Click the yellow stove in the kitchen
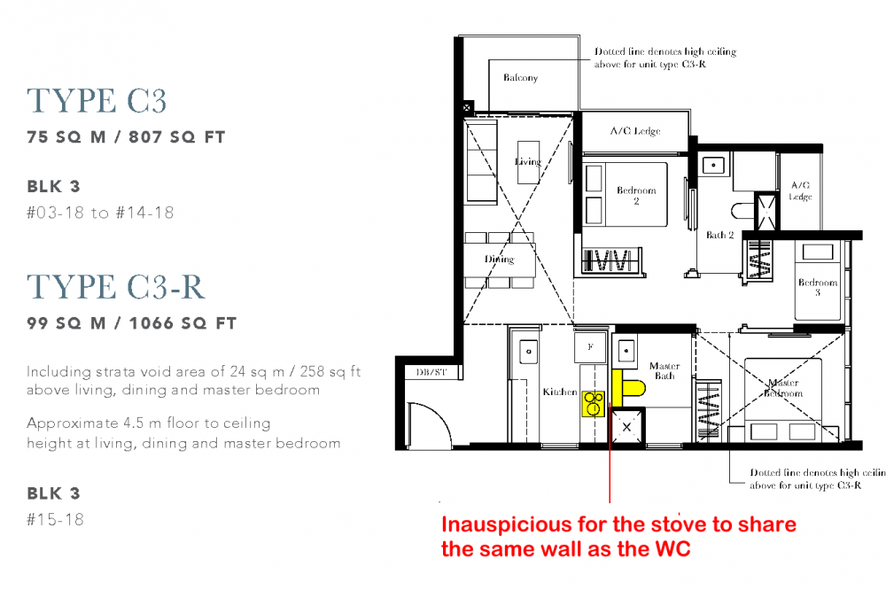pyautogui.click(x=594, y=404)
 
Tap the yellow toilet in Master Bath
pyautogui.click(x=628, y=388)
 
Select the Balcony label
pyautogui.click(x=520, y=77)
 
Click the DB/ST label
pyautogui.click(x=431, y=372)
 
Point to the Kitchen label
pyautogui.click(x=559, y=392)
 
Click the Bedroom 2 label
pyautogui.click(x=636, y=195)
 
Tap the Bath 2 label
pyautogui.click(x=719, y=235)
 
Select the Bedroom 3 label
pyautogui.click(x=818, y=286)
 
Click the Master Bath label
pyautogui.click(x=664, y=370)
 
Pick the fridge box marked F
pyautogui.click(x=590, y=346)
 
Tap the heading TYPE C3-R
pyautogui.click(x=116, y=286)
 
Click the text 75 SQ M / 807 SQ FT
pyautogui.click(x=126, y=136)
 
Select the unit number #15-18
pyautogui.click(x=55, y=519)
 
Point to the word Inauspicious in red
pyautogui.click(x=507, y=525)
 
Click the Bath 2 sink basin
pyautogui.click(x=713, y=165)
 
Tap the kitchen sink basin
pyautogui.click(x=528, y=352)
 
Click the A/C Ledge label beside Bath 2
pyautogui.click(x=801, y=190)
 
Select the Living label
pyautogui.click(x=528, y=161)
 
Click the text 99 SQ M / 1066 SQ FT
pyautogui.click(x=132, y=323)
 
